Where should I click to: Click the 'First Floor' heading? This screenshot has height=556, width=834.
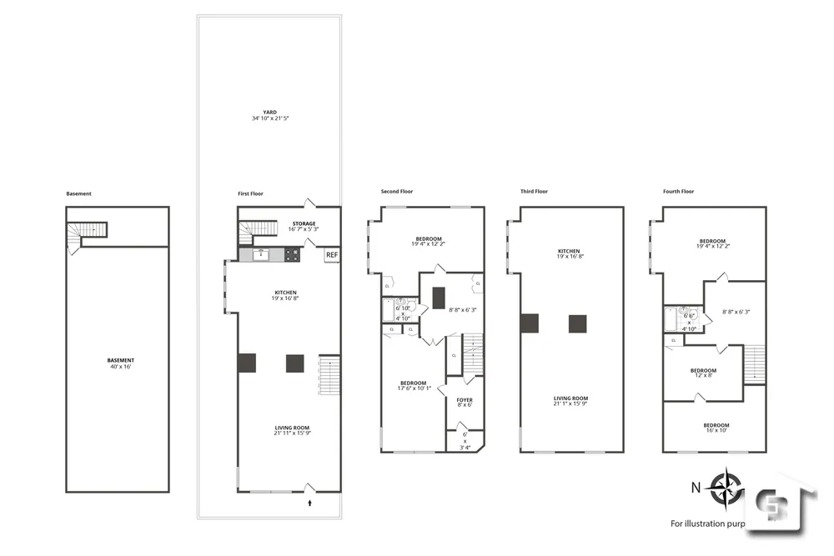250,193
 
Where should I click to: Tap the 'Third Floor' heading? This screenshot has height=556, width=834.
534,192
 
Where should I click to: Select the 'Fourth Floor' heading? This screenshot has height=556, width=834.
678,192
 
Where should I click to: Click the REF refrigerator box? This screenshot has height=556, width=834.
331,255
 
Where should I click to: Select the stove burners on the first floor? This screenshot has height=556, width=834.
293,255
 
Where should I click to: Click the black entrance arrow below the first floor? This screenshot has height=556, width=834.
310,503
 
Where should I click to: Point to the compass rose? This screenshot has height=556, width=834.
728,488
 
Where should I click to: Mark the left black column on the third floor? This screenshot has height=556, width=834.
529,323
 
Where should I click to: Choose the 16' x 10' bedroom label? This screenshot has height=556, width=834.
715,428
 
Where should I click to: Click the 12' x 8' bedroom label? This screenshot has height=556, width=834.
702,373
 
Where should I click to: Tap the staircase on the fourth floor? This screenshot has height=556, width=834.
755,363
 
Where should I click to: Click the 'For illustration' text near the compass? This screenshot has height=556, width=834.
709,523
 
